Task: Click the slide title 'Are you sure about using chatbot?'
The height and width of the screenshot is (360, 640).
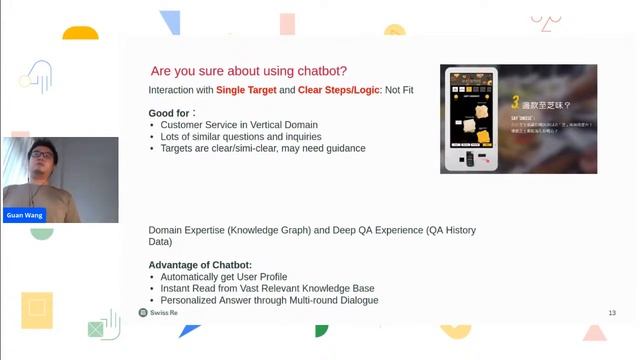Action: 248,71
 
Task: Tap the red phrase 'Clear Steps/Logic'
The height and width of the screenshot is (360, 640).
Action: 340,91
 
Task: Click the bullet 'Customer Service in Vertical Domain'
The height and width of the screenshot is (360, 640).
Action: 239,125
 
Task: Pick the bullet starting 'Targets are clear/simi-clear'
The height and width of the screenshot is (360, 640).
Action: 262,149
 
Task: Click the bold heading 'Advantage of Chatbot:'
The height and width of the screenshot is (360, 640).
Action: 199,264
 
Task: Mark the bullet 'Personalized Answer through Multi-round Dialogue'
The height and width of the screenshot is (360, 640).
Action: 269,300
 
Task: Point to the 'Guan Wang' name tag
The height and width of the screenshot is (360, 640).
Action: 23,215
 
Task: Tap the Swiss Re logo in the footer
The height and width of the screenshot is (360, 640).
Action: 158,313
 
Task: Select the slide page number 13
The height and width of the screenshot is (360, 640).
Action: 611,313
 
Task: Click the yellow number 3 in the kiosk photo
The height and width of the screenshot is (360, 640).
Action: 514,102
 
